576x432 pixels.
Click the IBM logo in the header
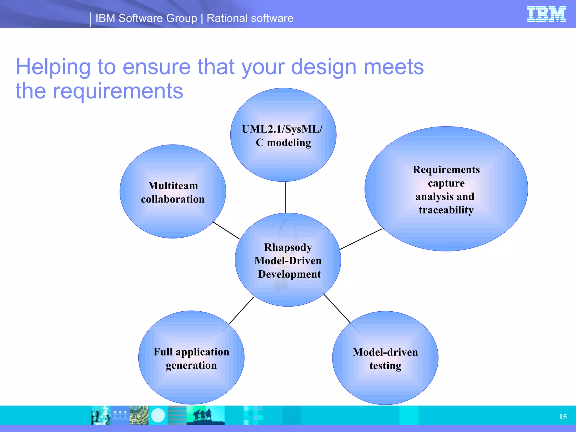(546, 14)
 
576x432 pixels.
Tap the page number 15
(563, 417)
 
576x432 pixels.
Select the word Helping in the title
(53, 67)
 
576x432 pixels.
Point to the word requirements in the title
(118, 91)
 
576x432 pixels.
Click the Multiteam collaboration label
(173, 192)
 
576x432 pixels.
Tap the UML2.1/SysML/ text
(282, 129)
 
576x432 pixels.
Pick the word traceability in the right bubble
(446, 210)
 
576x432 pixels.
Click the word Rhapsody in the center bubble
(288, 247)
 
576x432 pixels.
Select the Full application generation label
(191, 359)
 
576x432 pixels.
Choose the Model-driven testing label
(385, 359)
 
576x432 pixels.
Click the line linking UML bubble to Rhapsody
(286, 197)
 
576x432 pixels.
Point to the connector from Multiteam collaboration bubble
(226, 230)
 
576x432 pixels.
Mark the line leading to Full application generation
(241, 311)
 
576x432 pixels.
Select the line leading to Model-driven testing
(337, 309)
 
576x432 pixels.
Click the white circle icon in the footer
(158, 415)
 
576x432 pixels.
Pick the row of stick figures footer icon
(120, 415)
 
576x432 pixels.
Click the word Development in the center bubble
(289, 274)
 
